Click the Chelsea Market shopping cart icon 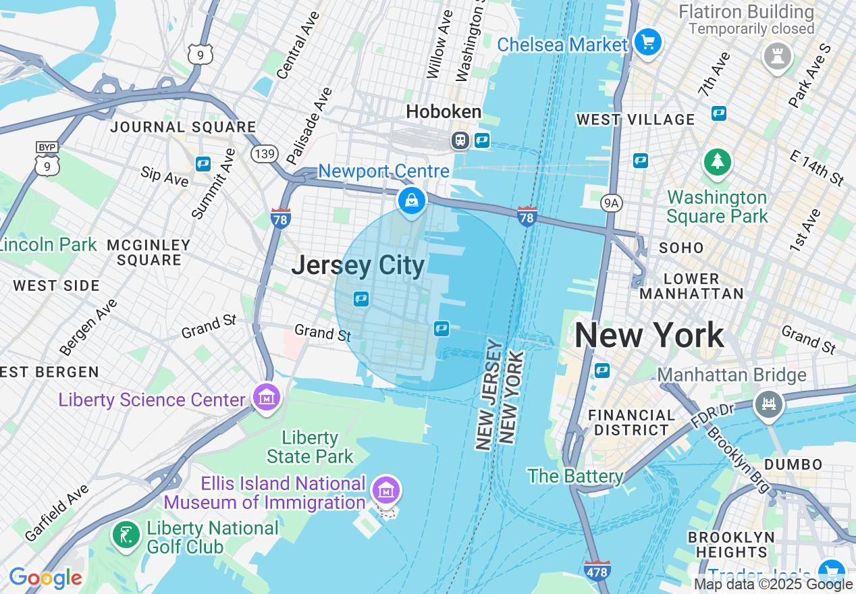point(648,43)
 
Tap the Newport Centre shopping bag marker point(411,200)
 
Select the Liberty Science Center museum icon point(266,397)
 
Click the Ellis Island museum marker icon point(386,491)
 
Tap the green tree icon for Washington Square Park point(717,162)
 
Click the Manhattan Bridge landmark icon point(769,404)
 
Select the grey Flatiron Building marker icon point(777,57)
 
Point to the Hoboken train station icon point(460,140)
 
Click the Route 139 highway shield point(264,154)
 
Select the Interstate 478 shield point(597,570)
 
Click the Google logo point(45,578)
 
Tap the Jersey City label point(358,265)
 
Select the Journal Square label point(183,127)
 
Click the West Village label point(635,119)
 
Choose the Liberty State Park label point(310,447)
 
